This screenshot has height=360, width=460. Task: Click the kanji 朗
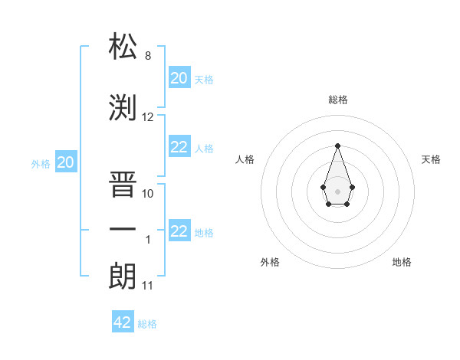(123, 276)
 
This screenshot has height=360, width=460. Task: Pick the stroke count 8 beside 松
(148, 56)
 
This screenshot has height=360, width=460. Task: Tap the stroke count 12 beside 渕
(148, 117)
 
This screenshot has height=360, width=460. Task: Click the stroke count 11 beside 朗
(148, 286)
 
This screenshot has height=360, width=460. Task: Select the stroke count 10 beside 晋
(148, 194)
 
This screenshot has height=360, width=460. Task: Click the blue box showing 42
(123, 322)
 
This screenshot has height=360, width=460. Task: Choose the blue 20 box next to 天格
(179, 78)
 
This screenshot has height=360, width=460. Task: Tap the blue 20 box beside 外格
(66, 162)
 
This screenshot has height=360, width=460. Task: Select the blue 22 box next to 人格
(179, 148)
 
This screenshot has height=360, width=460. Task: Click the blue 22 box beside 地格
(179, 231)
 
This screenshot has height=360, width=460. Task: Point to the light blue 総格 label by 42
(147, 324)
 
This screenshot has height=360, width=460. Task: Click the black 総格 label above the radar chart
(337, 100)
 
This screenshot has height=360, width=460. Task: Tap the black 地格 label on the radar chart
(402, 262)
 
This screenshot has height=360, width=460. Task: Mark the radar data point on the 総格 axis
(337, 146)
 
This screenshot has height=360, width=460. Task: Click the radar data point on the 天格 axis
(352, 186)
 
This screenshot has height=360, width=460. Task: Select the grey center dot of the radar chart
(337, 191)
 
